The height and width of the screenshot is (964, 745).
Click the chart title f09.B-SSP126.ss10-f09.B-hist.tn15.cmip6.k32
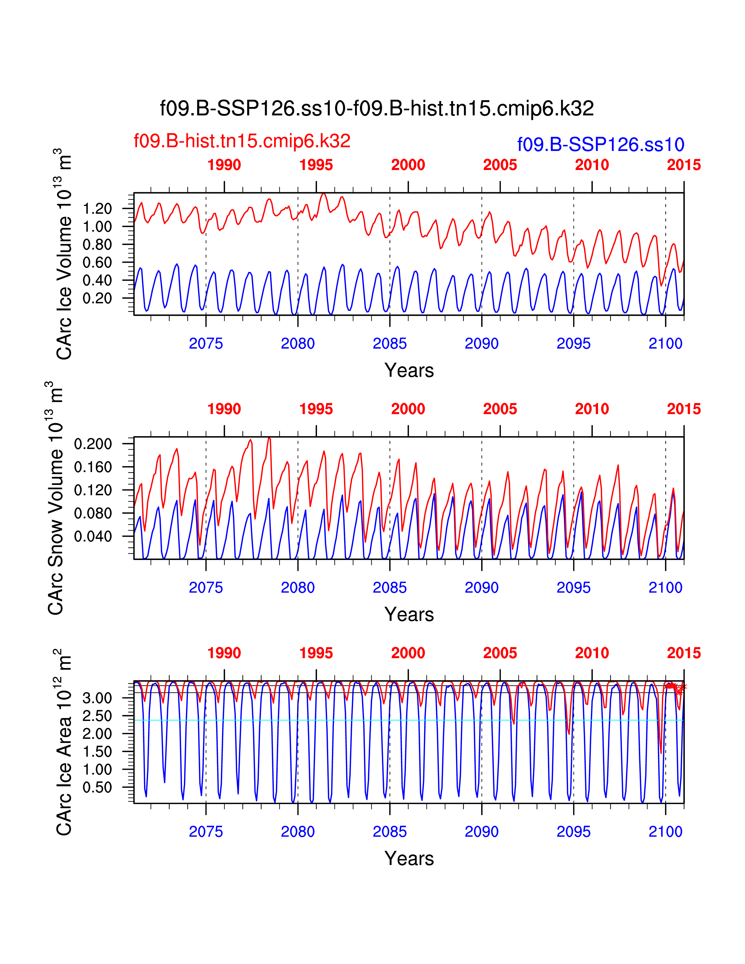(377, 108)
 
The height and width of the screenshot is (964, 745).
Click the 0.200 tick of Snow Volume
(93, 444)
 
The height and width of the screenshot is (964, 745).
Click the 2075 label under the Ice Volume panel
(206, 344)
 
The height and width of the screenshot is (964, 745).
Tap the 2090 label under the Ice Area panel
(481, 832)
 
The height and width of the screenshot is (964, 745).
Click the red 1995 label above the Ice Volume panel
(316, 165)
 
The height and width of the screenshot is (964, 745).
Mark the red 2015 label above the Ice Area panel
(684, 653)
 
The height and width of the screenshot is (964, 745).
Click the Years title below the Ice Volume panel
(409, 370)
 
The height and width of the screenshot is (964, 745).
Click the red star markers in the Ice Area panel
(675, 687)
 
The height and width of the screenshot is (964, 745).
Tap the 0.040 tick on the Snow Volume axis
(93, 536)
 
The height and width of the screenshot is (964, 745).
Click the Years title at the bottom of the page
(409, 859)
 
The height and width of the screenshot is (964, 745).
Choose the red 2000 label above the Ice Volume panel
(408, 165)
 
